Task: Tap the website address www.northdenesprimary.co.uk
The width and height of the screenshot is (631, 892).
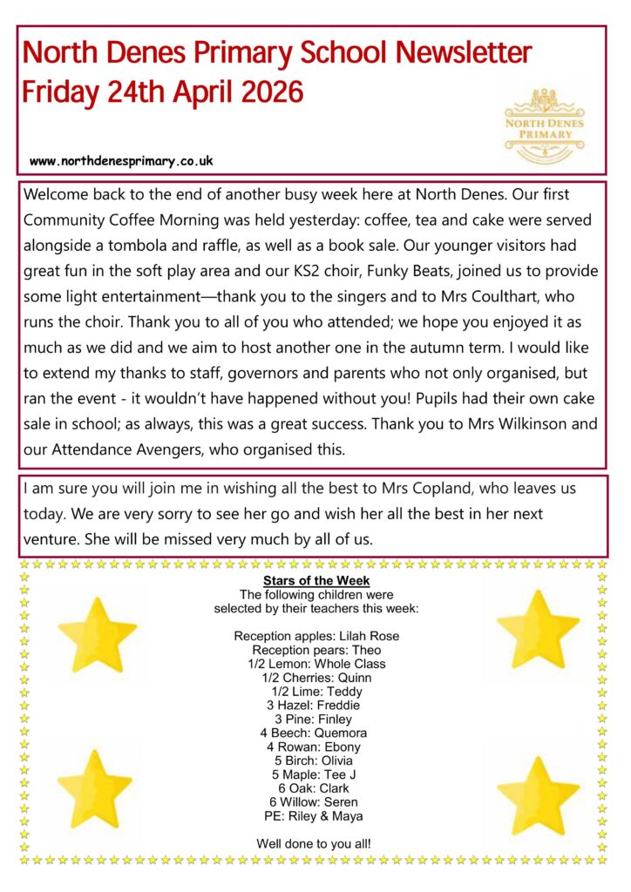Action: coord(121,161)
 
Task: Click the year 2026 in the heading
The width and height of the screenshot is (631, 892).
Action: coord(269,91)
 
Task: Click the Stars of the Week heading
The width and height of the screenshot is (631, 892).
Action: coord(316,580)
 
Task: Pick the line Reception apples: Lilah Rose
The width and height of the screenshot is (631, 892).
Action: coord(316,636)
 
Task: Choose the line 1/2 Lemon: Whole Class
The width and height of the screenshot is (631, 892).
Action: coord(316,664)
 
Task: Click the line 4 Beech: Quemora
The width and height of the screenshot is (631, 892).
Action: coord(316,733)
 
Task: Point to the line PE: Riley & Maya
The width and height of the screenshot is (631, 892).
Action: coord(315,815)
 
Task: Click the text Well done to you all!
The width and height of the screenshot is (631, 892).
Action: coord(316,843)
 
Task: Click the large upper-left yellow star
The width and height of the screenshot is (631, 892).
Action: coord(97,634)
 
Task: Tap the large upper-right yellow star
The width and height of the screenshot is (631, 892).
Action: coord(538,628)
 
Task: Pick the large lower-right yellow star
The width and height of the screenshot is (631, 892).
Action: coord(538,793)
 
